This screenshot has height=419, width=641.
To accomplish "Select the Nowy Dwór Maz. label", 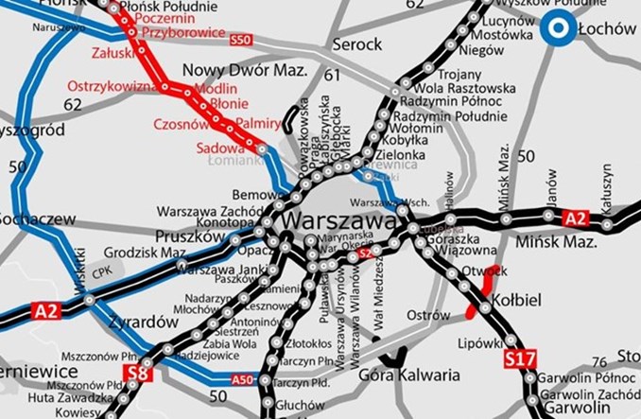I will [245, 71].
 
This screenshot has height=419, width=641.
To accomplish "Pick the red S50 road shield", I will [242, 40].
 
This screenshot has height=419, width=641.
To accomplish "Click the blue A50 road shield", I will [243, 379].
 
